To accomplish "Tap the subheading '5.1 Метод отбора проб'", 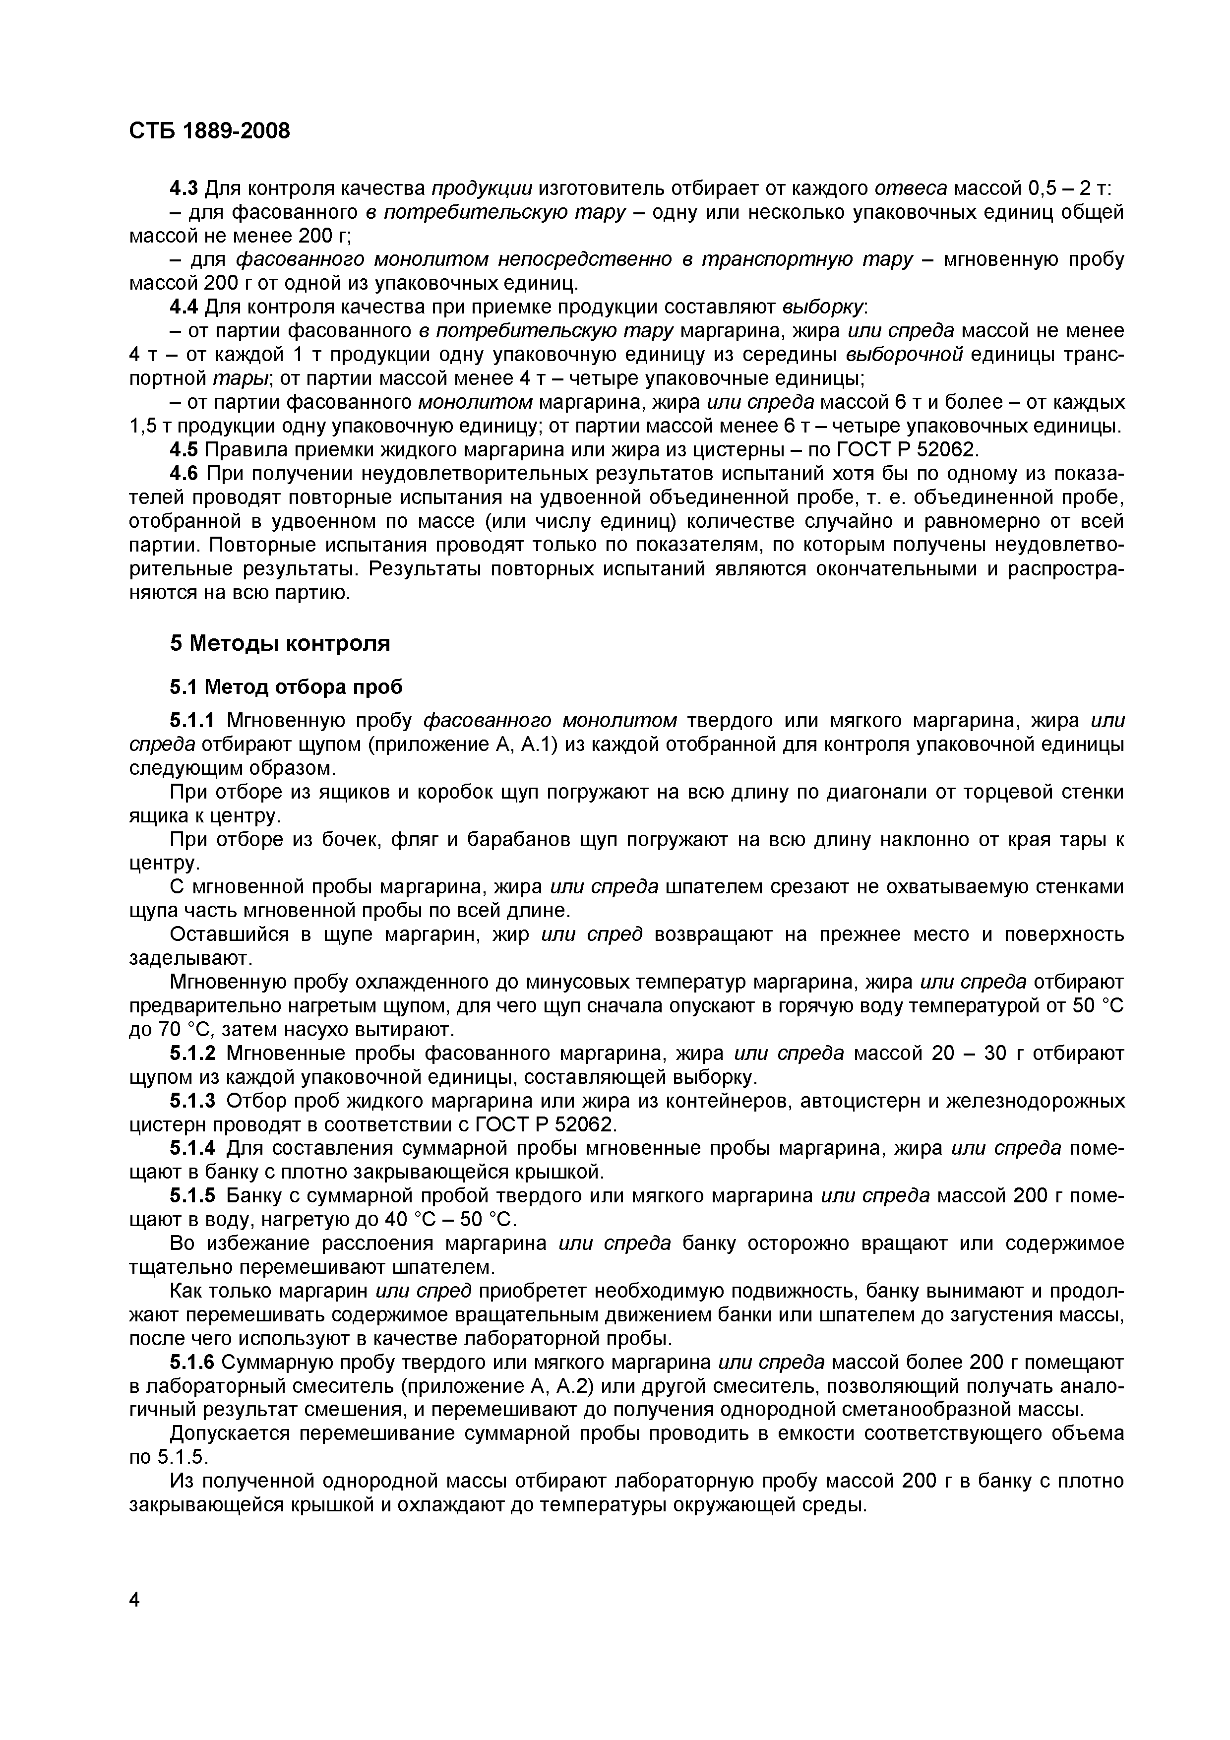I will coord(286,687).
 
